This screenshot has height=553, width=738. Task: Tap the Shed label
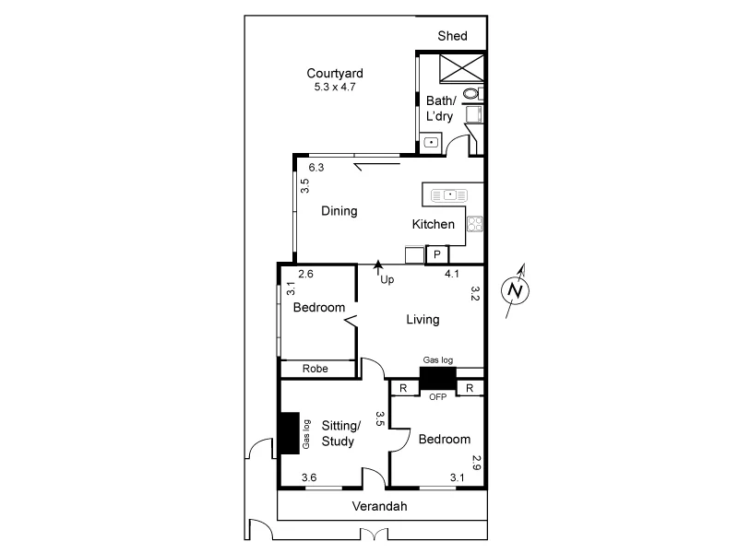452,36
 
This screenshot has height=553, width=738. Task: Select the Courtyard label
335,73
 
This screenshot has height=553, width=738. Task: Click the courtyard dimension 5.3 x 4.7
335,87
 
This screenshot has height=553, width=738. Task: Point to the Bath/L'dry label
440,108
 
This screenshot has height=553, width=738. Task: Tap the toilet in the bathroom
471,93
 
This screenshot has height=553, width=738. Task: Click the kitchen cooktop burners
475,223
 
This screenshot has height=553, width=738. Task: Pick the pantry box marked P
436,253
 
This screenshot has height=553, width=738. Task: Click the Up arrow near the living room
378,269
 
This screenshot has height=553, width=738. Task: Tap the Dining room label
339,211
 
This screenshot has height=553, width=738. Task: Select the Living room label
423,320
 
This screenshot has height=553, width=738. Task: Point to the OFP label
437,396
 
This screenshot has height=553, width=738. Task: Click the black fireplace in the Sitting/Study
288,432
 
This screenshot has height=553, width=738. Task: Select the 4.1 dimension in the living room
452,274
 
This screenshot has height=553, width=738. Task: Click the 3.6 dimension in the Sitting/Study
310,477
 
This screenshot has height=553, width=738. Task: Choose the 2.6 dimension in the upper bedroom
305,274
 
